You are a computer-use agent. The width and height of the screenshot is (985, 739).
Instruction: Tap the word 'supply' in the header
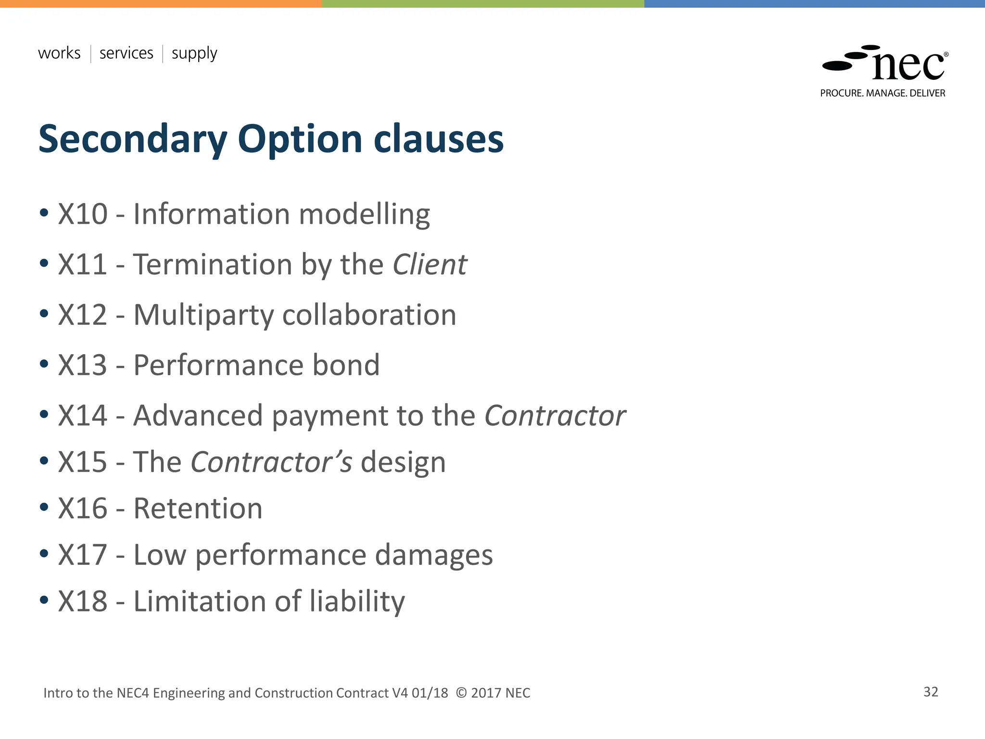pyautogui.click(x=194, y=53)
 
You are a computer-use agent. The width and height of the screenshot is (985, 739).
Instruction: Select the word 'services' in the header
pyautogui.click(x=126, y=53)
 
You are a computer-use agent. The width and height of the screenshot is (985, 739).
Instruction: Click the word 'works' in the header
pyautogui.click(x=59, y=53)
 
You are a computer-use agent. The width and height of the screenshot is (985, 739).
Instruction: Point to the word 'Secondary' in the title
pyautogui.click(x=132, y=140)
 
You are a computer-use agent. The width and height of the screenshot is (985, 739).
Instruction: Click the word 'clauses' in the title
pyautogui.click(x=438, y=139)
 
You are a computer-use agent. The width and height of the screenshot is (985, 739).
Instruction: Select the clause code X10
pyautogui.click(x=83, y=214)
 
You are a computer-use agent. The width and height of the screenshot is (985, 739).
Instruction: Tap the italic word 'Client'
pyautogui.click(x=429, y=265)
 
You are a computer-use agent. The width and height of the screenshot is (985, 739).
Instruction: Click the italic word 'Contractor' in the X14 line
pyautogui.click(x=555, y=416)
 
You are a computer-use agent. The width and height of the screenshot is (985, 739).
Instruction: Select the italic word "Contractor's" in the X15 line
pyautogui.click(x=271, y=462)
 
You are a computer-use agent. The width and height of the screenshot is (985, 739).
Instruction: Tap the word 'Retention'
pyautogui.click(x=198, y=509)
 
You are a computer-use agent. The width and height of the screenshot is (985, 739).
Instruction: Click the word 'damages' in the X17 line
pyautogui.click(x=433, y=555)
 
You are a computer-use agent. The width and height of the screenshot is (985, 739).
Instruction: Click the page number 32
pyautogui.click(x=931, y=692)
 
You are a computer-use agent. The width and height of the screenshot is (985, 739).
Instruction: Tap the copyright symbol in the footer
pyautogui.click(x=461, y=693)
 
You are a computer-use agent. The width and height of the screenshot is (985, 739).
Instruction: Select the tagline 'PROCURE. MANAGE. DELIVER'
pyautogui.click(x=883, y=93)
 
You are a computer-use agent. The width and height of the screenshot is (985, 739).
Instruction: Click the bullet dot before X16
pyautogui.click(x=44, y=507)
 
